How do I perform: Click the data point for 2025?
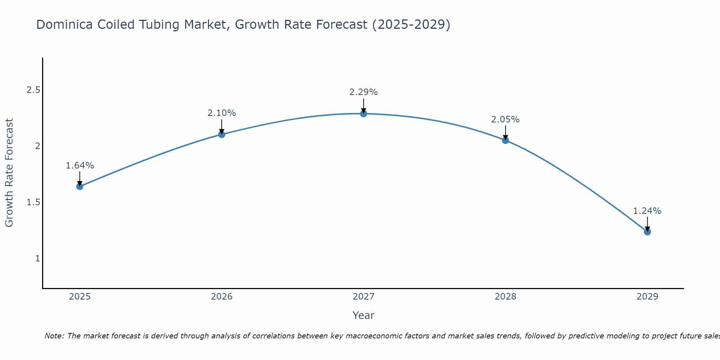pyautogui.click(x=80, y=186)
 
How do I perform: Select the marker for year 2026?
pyautogui.click(x=222, y=134)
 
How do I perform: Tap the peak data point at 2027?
pyautogui.click(x=364, y=114)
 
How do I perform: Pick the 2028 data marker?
pyautogui.click(x=505, y=140)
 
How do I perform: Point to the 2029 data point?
pyautogui.click(x=647, y=232)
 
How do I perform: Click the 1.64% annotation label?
pyautogui.click(x=80, y=166)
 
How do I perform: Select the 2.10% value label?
pyautogui.click(x=222, y=113)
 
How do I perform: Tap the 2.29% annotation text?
pyautogui.click(x=364, y=92)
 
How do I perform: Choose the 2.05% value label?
pyautogui.click(x=505, y=120)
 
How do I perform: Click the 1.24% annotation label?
pyautogui.click(x=647, y=211)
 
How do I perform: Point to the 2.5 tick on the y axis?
pyautogui.click(x=33, y=90)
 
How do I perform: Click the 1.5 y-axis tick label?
pyautogui.click(x=33, y=202)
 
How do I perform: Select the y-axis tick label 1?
pyautogui.click(x=37, y=258)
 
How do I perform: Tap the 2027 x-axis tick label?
pyautogui.click(x=364, y=297)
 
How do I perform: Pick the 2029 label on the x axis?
pyautogui.click(x=647, y=297)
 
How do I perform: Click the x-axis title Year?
pyautogui.click(x=364, y=315)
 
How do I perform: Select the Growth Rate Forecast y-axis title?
pyautogui.click(x=9, y=173)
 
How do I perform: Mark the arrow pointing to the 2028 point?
pyautogui.click(x=505, y=132)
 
